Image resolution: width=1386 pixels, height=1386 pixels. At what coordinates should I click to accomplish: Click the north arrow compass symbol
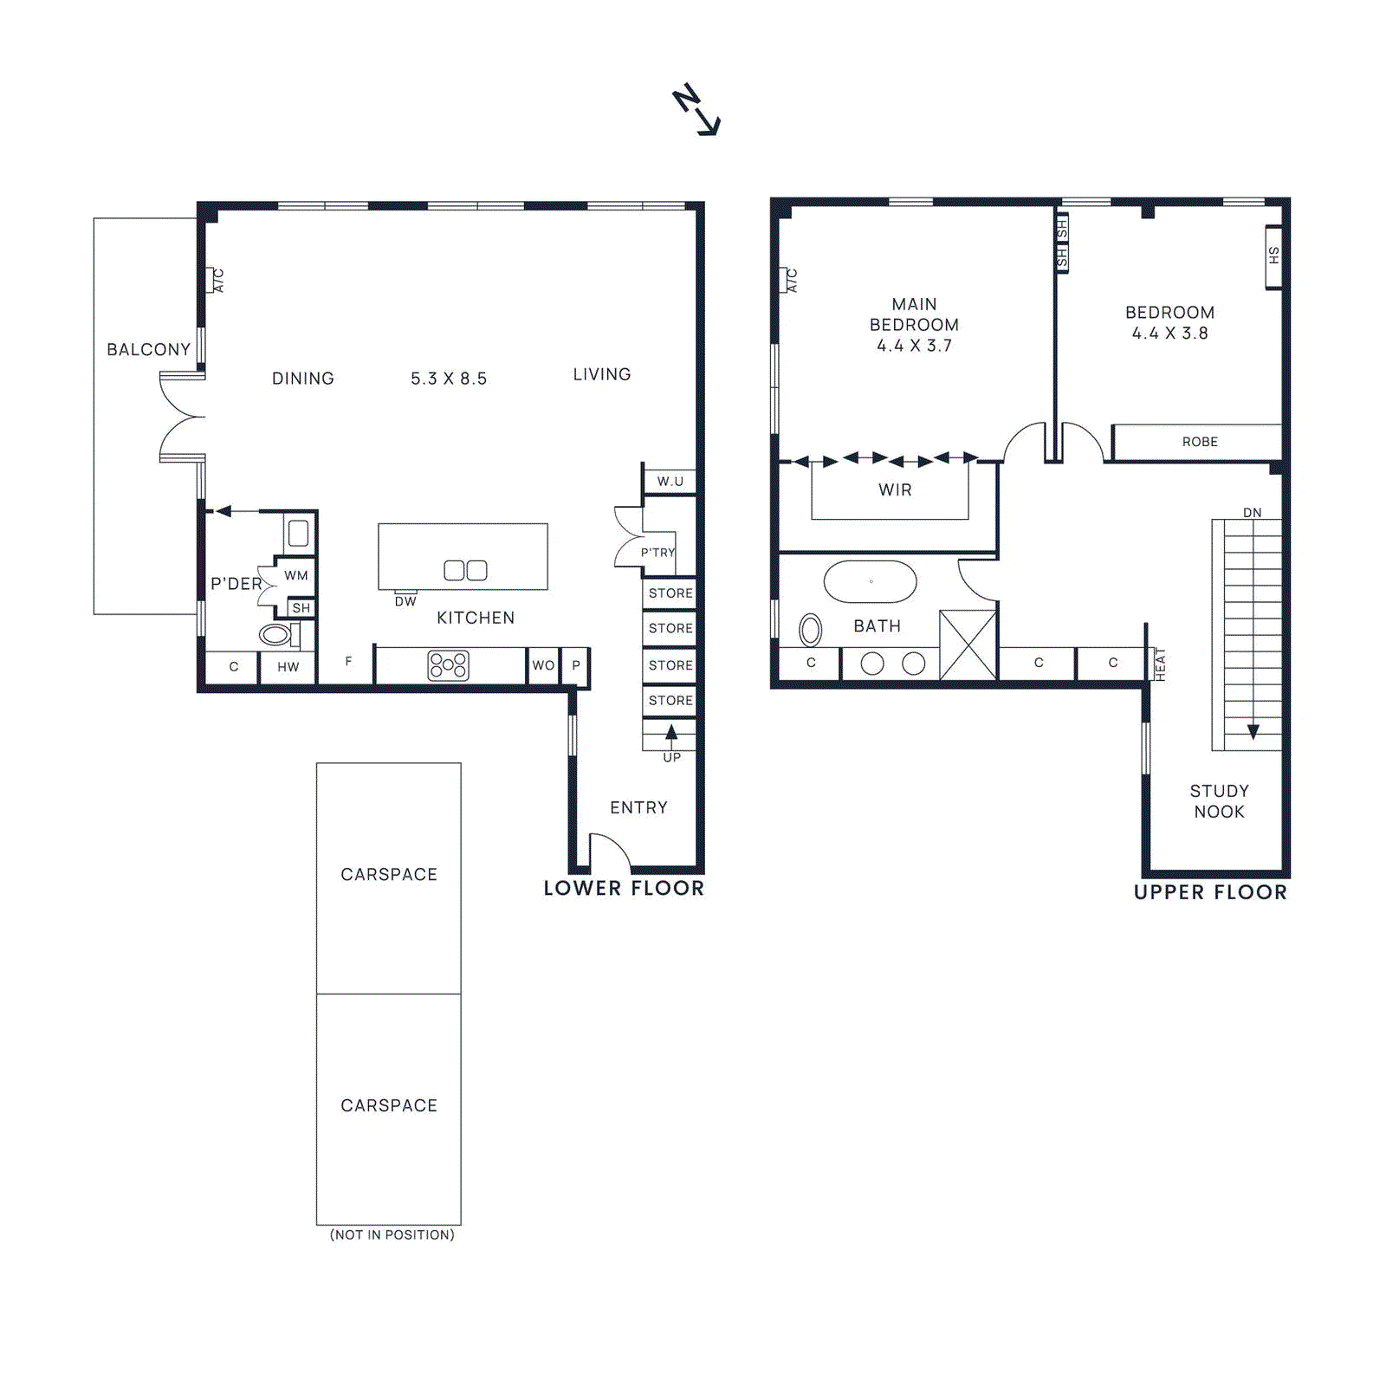[696, 110]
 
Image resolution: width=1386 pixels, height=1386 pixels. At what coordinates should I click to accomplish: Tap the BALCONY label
[148, 349]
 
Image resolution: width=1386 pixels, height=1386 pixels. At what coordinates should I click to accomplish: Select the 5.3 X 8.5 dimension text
[449, 379]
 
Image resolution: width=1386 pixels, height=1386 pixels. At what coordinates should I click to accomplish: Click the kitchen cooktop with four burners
[449, 665]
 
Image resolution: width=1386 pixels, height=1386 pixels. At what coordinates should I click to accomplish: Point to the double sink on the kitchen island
[465, 570]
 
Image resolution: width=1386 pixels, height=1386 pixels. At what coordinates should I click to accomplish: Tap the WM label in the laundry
[296, 575]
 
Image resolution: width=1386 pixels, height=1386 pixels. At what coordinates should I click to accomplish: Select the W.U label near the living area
[670, 482]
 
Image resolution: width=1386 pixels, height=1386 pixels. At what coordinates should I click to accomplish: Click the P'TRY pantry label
[658, 553]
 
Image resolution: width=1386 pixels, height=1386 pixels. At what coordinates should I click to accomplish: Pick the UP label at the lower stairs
[672, 757]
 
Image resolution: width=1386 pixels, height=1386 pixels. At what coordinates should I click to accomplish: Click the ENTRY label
[638, 807]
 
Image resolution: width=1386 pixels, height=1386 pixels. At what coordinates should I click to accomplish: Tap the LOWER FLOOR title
[624, 888]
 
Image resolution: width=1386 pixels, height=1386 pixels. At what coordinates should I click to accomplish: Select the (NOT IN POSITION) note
[392, 1234]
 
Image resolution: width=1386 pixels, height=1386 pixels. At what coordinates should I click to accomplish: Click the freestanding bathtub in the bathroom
[870, 582]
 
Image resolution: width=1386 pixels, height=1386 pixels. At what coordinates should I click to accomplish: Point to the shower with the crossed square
[968, 644]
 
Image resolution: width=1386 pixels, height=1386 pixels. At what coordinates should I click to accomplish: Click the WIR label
[895, 490]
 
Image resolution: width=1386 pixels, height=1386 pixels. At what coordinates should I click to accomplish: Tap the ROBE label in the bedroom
[1200, 442]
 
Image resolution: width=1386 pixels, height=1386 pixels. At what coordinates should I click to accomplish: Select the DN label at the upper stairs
[1253, 513]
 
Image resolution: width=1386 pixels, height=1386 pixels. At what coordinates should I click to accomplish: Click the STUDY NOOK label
[1219, 801]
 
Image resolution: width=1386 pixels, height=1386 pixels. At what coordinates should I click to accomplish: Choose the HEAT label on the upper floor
[1161, 664]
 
